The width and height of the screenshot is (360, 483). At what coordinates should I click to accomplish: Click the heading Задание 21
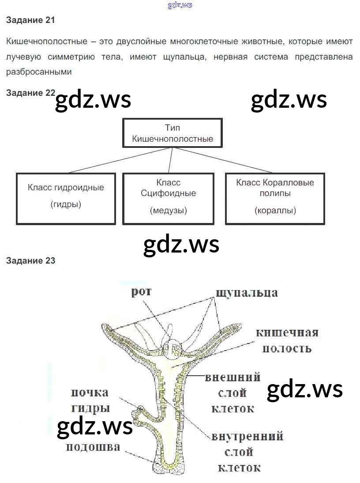[x=30, y=20]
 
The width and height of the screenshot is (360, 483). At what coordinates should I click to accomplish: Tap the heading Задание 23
[x=30, y=260]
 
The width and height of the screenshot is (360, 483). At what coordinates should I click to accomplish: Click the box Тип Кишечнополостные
[x=172, y=133]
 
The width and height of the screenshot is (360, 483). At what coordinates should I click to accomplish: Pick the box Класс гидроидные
[x=66, y=198]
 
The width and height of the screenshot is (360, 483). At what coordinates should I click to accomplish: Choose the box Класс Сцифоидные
[x=168, y=198]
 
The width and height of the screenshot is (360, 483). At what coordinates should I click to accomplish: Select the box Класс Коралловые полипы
[x=275, y=198]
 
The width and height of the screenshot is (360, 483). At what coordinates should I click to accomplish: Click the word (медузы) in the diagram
[x=168, y=211]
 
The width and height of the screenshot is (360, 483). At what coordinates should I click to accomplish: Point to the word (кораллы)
[x=275, y=211]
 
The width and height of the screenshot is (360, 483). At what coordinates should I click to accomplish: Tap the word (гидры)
[x=66, y=204]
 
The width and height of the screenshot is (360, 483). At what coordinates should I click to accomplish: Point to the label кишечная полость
[x=287, y=340]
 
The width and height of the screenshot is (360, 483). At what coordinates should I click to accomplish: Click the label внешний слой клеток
[x=232, y=393]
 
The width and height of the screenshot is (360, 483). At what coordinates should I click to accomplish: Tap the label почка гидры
[x=90, y=400]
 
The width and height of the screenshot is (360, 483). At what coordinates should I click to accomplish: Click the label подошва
[x=93, y=447]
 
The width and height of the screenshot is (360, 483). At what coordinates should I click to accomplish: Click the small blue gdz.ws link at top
[x=180, y=5]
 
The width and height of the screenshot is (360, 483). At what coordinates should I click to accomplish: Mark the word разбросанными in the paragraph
[x=39, y=71]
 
